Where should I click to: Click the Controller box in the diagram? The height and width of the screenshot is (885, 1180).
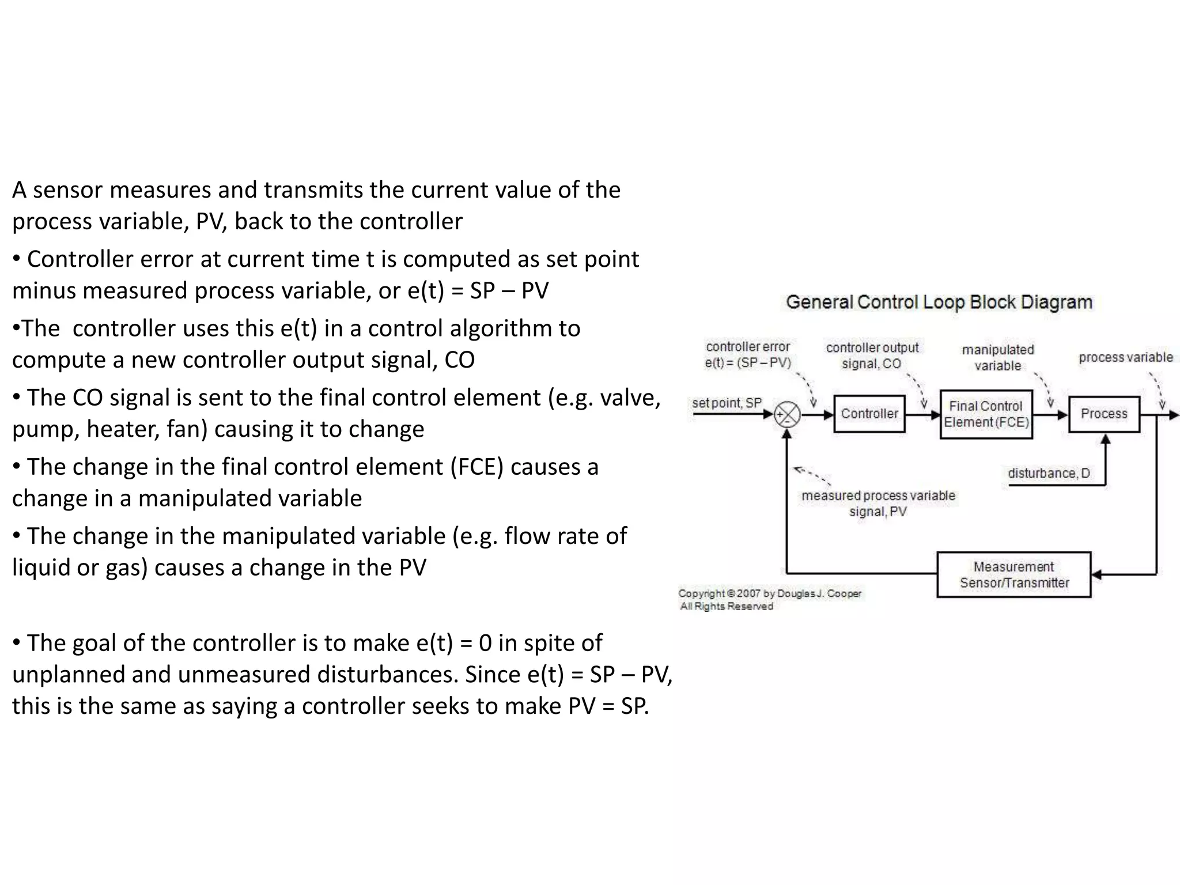pyautogui.click(x=869, y=414)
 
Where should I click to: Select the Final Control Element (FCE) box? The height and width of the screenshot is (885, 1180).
pyautogui.click(x=986, y=414)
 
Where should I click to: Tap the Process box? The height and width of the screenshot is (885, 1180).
pyautogui.click(x=1104, y=414)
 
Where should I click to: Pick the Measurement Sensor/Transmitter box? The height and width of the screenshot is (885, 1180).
pyautogui.click(x=1013, y=574)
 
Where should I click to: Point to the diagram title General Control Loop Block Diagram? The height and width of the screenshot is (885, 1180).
pyautogui.click(x=939, y=302)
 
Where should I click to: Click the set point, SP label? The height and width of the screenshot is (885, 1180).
pyautogui.click(x=727, y=403)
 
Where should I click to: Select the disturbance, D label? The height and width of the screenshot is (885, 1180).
pyautogui.click(x=1049, y=474)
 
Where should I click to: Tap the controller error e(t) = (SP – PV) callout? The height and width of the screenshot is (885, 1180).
pyautogui.click(x=748, y=354)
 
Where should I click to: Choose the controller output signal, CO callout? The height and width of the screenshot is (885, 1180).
pyautogui.click(x=872, y=355)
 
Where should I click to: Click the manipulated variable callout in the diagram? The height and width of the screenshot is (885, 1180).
pyautogui.click(x=998, y=357)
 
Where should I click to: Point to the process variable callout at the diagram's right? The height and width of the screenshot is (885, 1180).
pyautogui.click(x=1125, y=357)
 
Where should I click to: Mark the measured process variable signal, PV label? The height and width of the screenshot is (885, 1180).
pyautogui.click(x=878, y=503)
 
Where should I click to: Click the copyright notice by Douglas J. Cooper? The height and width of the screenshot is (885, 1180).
pyautogui.click(x=770, y=599)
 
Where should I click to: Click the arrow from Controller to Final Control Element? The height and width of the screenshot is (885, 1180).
pyautogui.click(x=922, y=414)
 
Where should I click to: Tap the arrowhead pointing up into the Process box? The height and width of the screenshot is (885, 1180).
pyautogui.click(x=1105, y=439)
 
